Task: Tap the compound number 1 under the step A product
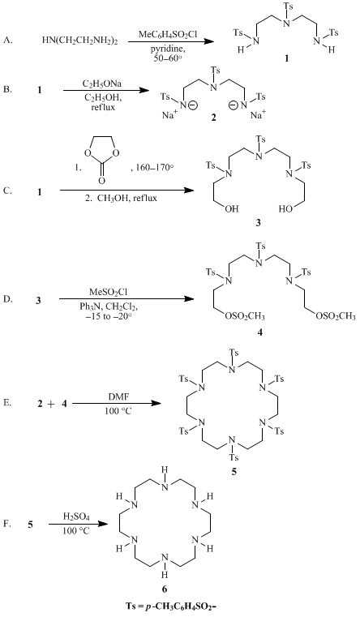coord(287,58)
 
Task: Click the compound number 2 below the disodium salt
coord(213,118)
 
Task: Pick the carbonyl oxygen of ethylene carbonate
coord(101,181)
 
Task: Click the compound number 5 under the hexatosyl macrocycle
coord(234,471)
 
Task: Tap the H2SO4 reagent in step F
coord(74,516)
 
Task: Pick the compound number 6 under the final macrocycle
coord(165,589)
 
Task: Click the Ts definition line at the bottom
coord(165,605)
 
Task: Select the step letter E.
coord(7,403)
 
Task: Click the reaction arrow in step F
coord(78,524)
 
